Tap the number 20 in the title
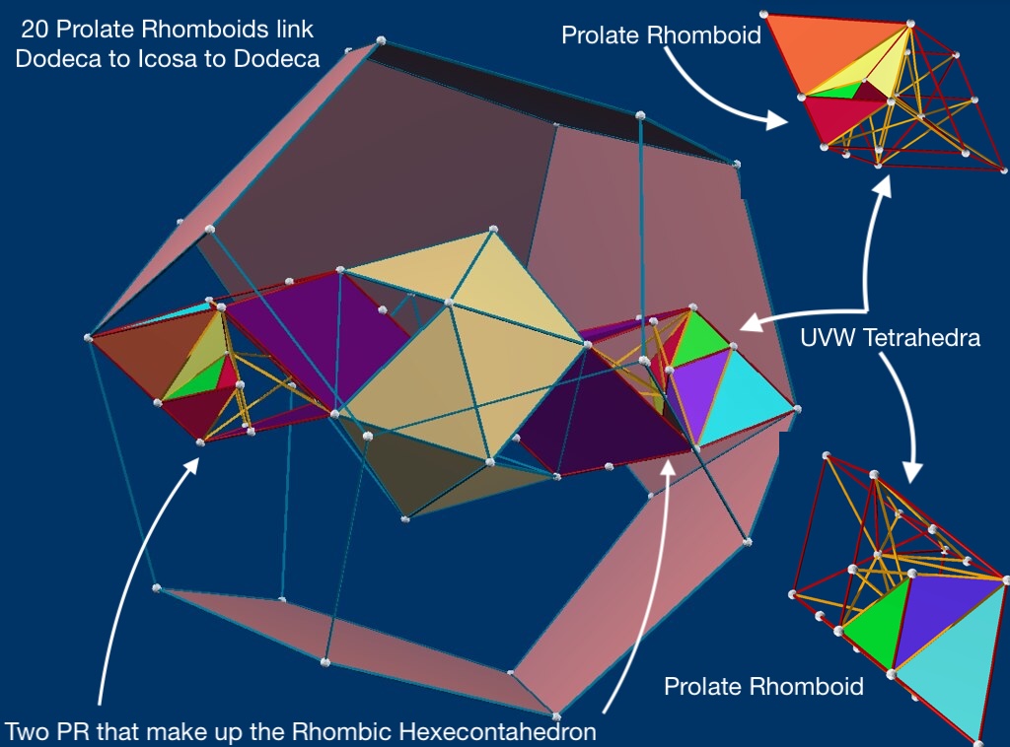pos(33,31)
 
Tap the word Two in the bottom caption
pos(27,731)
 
